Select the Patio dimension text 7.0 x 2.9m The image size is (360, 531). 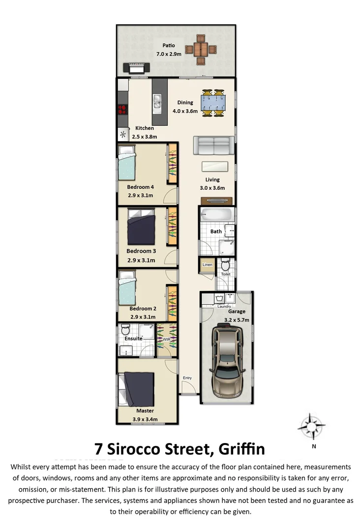click(169, 54)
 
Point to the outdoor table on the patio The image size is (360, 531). click(201, 49)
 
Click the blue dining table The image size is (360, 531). click(213, 103)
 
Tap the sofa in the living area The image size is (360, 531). click(213, 146)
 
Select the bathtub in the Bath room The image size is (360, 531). click(215, 215)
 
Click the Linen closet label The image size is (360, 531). click(207, 265)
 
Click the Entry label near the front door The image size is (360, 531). click(187, 378)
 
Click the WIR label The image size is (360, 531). click(166, 339)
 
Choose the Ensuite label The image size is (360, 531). click(133, 338)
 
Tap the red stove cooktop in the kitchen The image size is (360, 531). click(122, 110)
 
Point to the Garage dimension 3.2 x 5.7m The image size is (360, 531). click(237, 320)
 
